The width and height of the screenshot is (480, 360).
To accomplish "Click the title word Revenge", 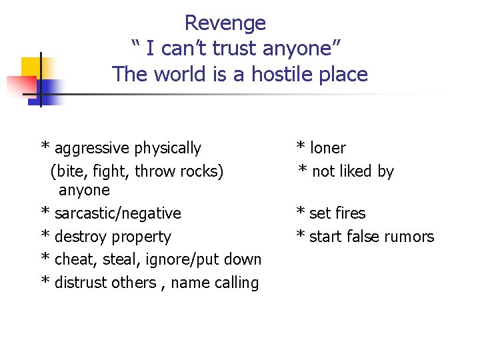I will (225, 23).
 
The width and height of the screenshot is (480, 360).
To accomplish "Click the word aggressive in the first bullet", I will (92, 148).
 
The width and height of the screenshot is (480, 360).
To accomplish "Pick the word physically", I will (167, 148).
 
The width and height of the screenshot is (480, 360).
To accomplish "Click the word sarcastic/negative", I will (117, 213).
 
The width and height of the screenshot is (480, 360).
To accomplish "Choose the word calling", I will (237, 283).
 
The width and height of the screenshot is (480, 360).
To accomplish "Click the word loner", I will (328, 148).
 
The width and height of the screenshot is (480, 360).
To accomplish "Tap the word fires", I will (351, 213).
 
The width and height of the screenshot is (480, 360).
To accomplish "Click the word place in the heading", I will (343, 74).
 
